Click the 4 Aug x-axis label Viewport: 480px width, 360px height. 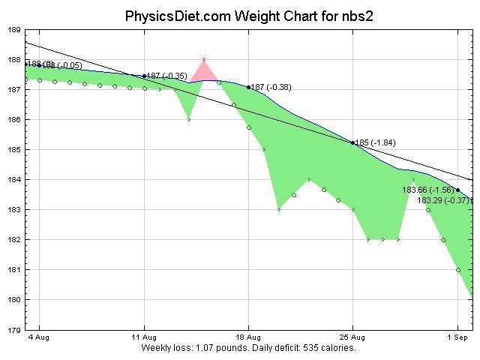tap(39, 338)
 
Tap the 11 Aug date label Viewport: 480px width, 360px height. tap(143, 338)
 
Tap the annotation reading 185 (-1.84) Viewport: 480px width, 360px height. tap(375, 142)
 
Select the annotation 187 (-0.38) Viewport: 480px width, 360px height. tap(271, 88)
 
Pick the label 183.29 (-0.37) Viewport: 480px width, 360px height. tap(443, 200)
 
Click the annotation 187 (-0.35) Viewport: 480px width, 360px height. tap(166, 76)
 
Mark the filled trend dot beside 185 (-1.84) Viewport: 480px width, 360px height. tap(352, 142)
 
